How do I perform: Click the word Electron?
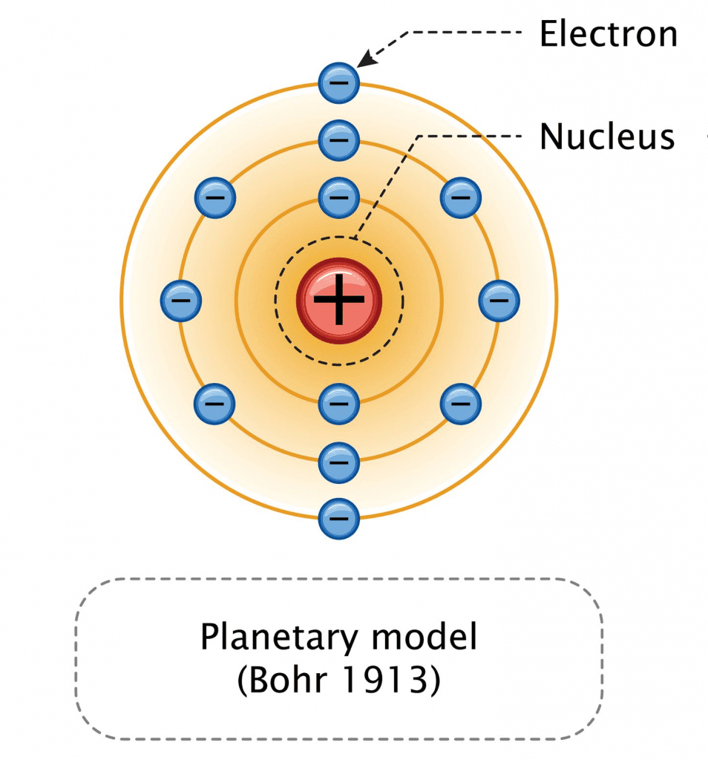(x=608, y=34)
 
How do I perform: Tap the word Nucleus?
(x=607, y=137)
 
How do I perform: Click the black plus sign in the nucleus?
(x=339, y=300)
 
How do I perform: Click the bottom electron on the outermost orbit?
(x=339, y=517)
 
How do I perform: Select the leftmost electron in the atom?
(x=181, y=300)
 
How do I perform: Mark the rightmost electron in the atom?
(x=499, y=300)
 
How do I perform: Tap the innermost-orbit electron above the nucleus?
(x=339, y=197)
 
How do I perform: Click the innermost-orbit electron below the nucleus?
(x=339, y=404)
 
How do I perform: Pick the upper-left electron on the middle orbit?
(x=215, y=197)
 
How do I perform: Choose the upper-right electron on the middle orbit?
(x=461, y=197)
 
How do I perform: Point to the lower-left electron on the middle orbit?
(x=215, y=404)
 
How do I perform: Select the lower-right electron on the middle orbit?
(x=461, y=404)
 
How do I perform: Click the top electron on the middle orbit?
(x=339, y=138)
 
